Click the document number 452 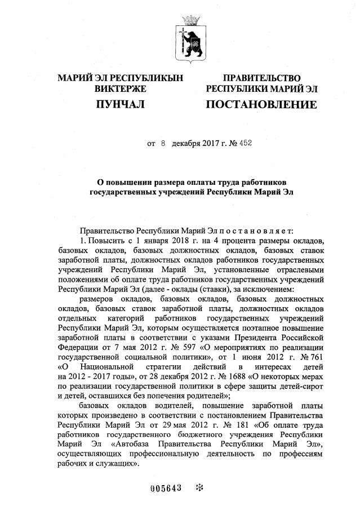point(245,143)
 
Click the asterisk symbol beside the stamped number point(198,488)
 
